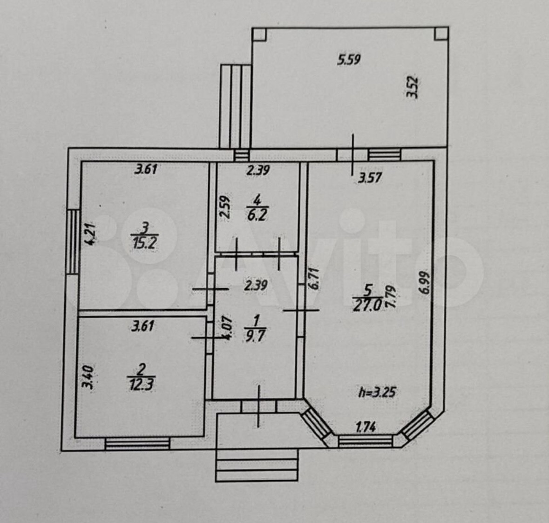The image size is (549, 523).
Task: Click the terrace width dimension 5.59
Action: click(x=349, y=60)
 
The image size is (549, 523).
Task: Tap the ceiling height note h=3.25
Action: click(x=377, y=392)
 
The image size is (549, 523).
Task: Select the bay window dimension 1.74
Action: click(x=366, y=426)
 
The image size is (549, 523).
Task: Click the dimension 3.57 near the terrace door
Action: click(x=371, y=177)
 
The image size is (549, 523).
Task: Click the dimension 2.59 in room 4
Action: click(x=225, y=208)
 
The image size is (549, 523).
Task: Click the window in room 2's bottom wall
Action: click(x=137, y=443)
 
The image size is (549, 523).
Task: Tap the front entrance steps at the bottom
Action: click(x=257, y=466)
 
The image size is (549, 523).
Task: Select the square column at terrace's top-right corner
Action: click(x=440, y=34)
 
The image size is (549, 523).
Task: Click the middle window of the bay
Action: click(x=366, y=441)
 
